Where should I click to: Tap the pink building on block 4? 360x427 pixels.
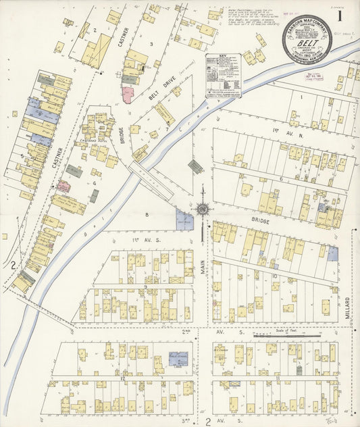[x=63, y=186]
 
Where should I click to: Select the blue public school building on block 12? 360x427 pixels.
[x=178, y=358]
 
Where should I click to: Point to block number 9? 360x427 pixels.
[x=146, y=286]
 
